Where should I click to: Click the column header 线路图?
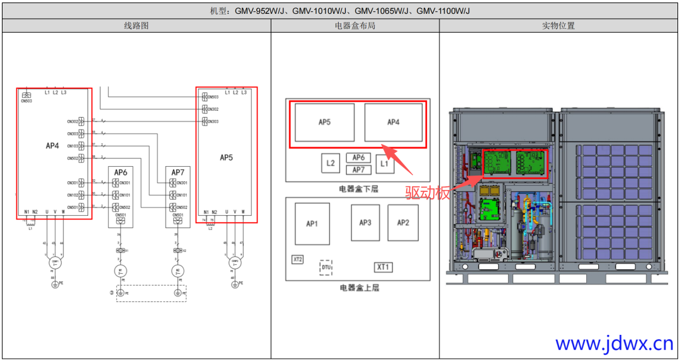click(x=136, y=26)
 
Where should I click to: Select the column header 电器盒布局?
click(x=355, y=26)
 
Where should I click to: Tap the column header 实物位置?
click(x=558, y=26)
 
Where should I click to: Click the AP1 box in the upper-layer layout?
click(x=312, y=223)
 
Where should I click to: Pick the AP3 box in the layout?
click(x=365, y=223)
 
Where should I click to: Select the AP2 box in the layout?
click(x=403, y=223)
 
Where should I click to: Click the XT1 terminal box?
click(x=383, y=267)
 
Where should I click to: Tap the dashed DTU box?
click(x=326, y=267)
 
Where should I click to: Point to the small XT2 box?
click(x=298, y=259)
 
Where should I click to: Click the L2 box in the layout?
click(x=331, y=164)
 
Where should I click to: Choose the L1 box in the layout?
click(x=385, y=164)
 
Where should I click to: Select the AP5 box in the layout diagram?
click(x=324, y=122)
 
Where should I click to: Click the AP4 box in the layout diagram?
click(x=393, y=122)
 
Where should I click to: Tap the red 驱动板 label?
click(x=428, y=193)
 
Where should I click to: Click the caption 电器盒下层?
click(x=358, y=188)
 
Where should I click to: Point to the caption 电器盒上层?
click(x=358, y=288)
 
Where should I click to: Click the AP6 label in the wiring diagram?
click(x=120, y=172)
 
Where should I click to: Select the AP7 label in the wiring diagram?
click(x=178, y=172)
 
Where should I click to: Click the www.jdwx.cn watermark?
click(x=614, y=344)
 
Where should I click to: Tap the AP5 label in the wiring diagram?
click(x=226, y=157)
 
